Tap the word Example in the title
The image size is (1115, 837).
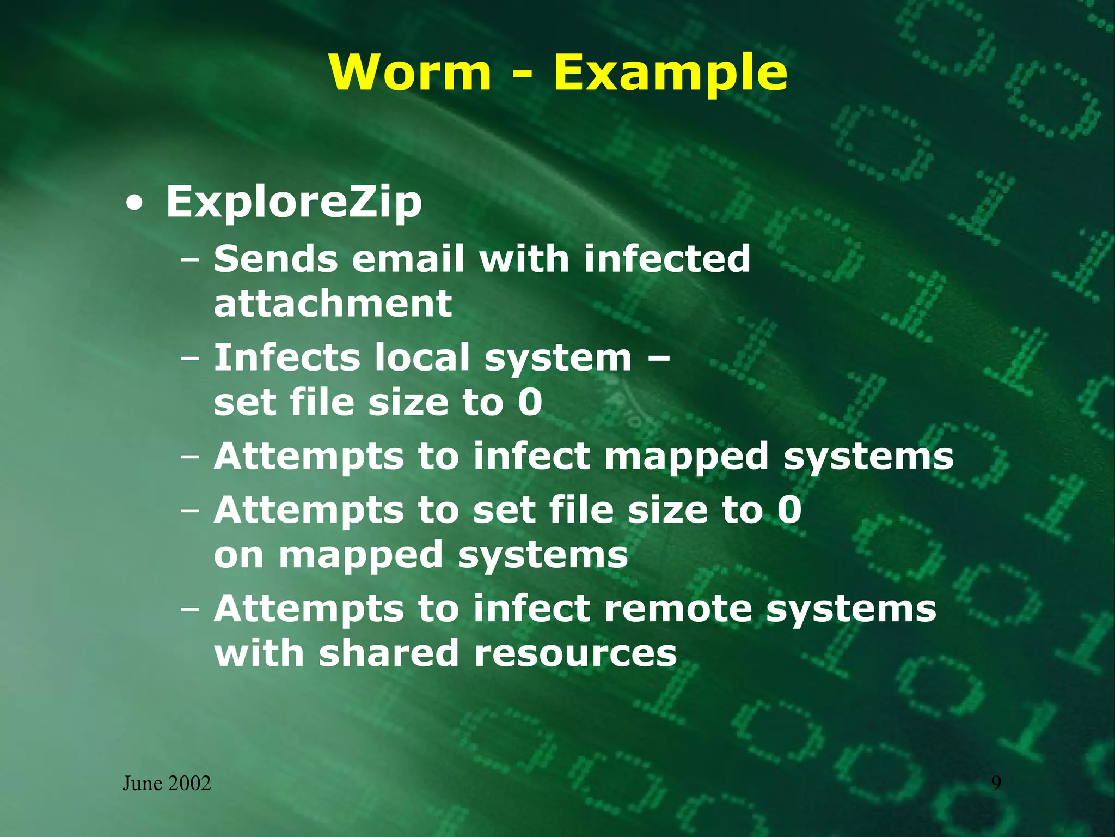coord(670,74)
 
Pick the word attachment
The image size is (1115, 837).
coord(333,304)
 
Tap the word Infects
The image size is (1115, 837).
coord(287,357)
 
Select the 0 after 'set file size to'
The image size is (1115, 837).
coord(530,403)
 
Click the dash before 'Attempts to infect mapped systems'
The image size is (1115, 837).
coord(190,457)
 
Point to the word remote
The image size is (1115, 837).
coord(678,609)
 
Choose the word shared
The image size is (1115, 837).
coord(389,653)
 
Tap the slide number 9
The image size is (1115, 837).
coord(995,783)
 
